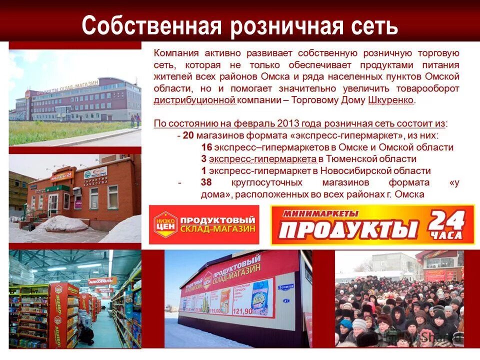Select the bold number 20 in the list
tap(188, 135)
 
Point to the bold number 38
tap(206, 182)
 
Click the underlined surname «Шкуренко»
tap(390, 100)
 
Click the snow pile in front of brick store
tap(62, 223)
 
